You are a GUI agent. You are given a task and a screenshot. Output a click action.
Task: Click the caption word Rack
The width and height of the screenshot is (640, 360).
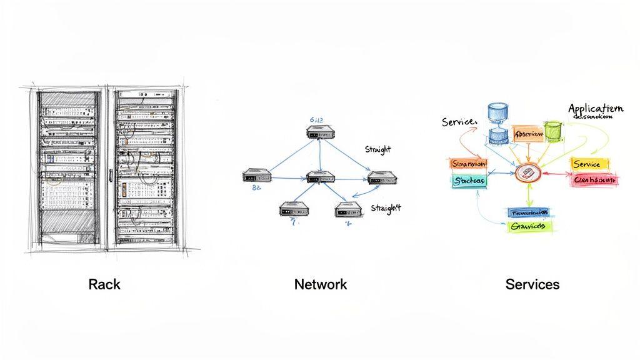click(x=104, y=284)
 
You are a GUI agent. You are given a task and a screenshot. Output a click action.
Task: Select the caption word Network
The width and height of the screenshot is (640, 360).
click(x=320, y=284)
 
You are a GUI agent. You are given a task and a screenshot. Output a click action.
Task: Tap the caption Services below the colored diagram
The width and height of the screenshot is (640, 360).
click(x=532, y=284)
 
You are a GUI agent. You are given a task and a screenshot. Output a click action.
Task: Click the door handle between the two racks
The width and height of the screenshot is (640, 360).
click(x=111, y=174)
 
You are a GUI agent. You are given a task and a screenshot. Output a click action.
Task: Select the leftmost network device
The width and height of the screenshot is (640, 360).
click(x=257, y=176)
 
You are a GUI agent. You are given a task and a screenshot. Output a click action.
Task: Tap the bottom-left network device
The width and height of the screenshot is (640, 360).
click(x=293, y=209)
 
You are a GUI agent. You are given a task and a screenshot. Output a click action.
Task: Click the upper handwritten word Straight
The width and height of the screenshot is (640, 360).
click(x=377, y=149)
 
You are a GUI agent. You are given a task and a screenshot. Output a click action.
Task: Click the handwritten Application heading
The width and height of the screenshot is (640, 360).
click(x=595, y=109)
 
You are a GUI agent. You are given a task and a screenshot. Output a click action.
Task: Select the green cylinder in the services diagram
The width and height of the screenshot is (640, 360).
click(x=553, y=131)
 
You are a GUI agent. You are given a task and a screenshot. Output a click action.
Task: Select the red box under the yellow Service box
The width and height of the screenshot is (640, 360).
click(x=594, y=180)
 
